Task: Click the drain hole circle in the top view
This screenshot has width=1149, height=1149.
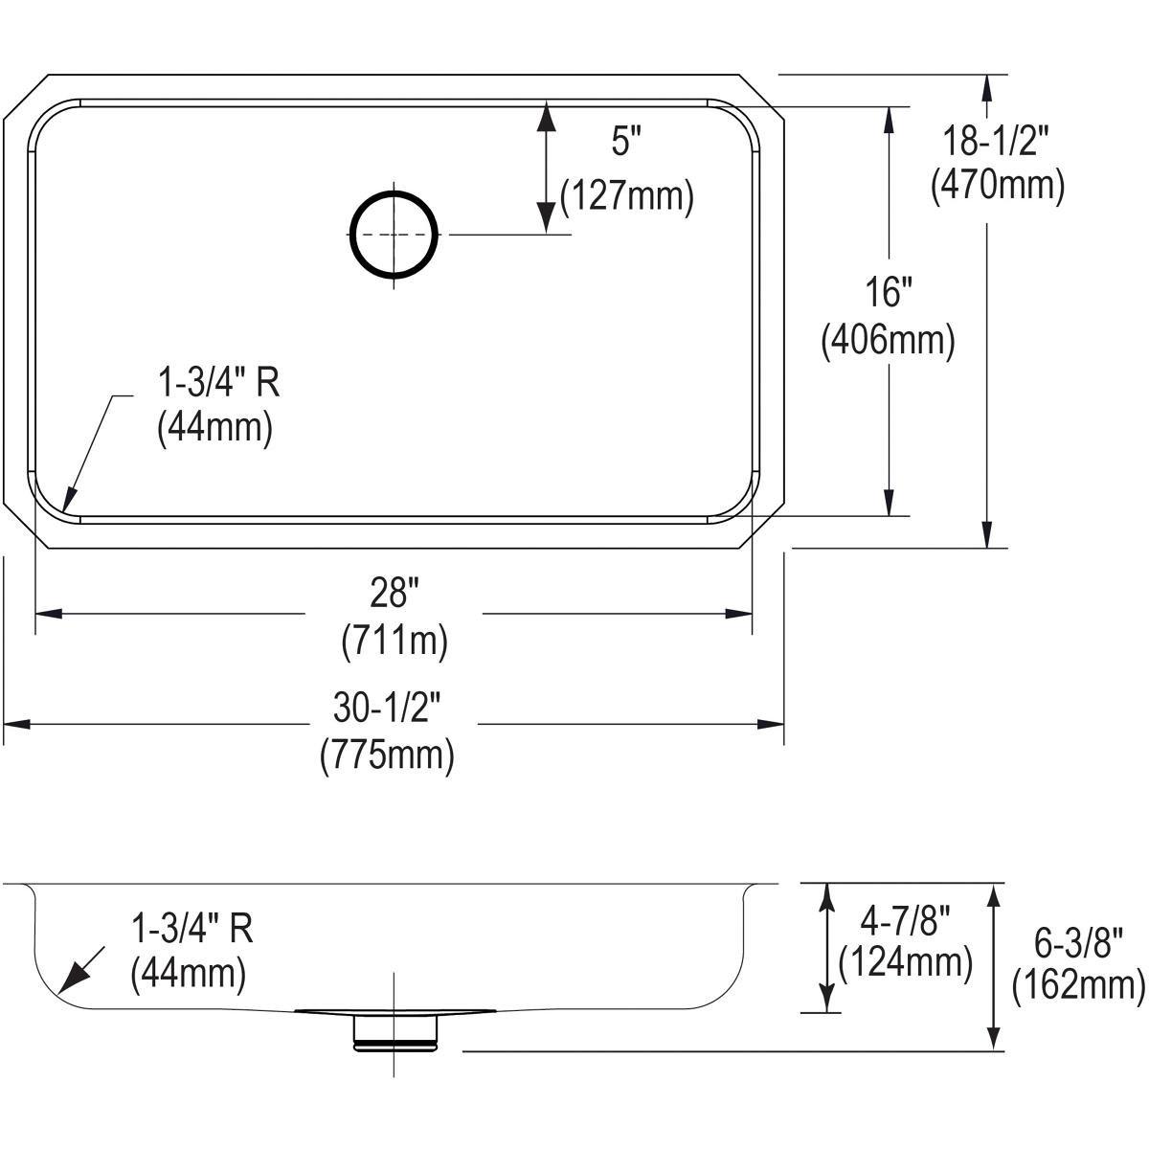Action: point(395,235)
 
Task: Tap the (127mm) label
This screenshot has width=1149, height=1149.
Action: point(626,197)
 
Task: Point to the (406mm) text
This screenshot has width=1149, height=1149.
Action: point(888,341)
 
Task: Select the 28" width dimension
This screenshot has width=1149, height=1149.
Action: point(394,595)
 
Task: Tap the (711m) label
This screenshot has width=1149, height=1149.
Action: point(394,642)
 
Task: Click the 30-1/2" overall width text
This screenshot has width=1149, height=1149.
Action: point(387,709)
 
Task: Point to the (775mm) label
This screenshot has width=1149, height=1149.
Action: point(387,755)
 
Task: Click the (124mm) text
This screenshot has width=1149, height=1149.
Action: point(905,962)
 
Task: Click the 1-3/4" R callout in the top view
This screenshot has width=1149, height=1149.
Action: point(217,383)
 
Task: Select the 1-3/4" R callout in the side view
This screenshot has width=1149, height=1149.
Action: point(191,927)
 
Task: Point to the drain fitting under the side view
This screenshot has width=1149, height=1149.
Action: point(395,1030)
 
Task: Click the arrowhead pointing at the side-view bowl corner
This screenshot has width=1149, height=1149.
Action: point(71,980)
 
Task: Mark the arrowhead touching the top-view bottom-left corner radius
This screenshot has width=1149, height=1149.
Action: point(67,500)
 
